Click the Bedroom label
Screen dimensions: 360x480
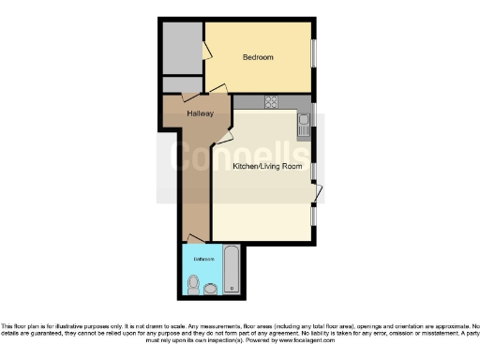[258, 58]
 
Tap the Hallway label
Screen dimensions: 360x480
[200, 113]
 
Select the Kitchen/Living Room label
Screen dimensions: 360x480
[267, 167]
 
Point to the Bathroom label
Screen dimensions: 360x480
[203, 258]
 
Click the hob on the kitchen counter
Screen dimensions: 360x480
[271, 103]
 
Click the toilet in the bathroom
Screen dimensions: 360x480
[193, 283]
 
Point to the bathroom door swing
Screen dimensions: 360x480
[193, 240]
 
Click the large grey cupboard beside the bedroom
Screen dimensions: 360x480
[181, 47]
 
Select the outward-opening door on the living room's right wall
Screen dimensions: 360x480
[319, 193]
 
